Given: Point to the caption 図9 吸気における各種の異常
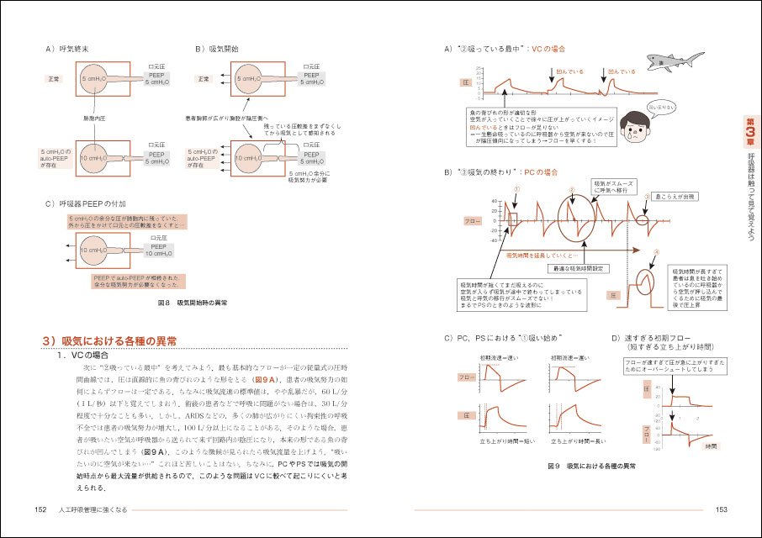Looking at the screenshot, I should coord(590,465).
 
